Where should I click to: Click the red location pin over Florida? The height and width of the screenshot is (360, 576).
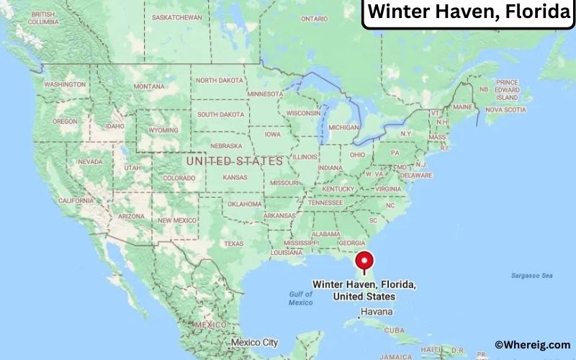(x=364, y=260)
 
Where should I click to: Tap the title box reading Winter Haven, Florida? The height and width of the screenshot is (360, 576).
(x=467, y=14)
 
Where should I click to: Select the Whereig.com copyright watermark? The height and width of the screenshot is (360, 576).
(x=532, y=345)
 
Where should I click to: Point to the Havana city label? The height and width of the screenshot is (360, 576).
(x=377, y=312)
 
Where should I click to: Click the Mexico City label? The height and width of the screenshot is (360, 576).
(x=260, y=342)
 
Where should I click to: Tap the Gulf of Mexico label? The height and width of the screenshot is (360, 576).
(x=301, y=298)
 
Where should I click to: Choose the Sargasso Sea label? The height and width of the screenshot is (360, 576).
(x=531, y=275)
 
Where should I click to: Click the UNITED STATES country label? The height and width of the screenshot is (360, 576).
(x=234, y=161)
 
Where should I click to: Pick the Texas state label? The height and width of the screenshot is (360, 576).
(x=234, y=243)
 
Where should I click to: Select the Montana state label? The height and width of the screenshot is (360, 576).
(x=149, y=86)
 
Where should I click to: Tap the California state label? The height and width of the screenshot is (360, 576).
(x=76, y=200)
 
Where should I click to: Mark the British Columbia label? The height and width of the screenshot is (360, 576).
(x=42, y=19)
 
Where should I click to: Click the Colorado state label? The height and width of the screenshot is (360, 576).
(x=179, y=178)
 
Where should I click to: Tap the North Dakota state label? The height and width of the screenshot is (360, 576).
(x=220, y=80)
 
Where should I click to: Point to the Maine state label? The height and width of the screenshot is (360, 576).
(x=463, y=107)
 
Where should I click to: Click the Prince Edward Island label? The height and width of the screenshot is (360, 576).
(x=507, y=90)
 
